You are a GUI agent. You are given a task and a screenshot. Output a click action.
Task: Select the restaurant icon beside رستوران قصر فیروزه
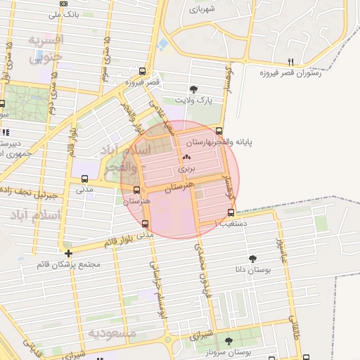click(290, 62)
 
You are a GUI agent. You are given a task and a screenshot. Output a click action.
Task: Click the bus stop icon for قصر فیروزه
click(143, 72)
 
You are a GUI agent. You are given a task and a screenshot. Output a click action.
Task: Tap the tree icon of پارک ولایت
click(193, 89)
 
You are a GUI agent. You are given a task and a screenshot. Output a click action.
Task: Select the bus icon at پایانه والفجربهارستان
click(219, 131)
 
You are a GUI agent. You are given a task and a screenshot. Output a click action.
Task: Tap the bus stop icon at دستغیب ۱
click(231, 212)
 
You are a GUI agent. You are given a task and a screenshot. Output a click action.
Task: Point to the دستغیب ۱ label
click(226, 223)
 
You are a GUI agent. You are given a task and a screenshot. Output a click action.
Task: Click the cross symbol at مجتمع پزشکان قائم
click(68, 253)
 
